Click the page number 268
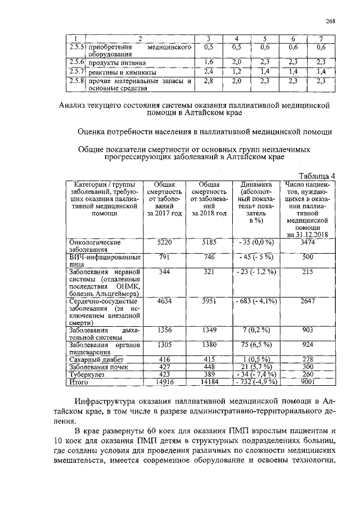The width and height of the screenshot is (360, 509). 330,21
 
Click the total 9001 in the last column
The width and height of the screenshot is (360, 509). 308,382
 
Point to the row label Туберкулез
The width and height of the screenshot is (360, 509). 86,375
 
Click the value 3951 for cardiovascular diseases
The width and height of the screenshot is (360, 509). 209,301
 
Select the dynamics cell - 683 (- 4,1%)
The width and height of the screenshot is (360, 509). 256,301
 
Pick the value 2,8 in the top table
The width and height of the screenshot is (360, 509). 208,81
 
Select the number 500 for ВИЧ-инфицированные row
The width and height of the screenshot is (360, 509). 308,257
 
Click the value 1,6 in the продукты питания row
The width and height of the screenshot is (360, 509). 208,62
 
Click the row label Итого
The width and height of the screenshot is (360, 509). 79,382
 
